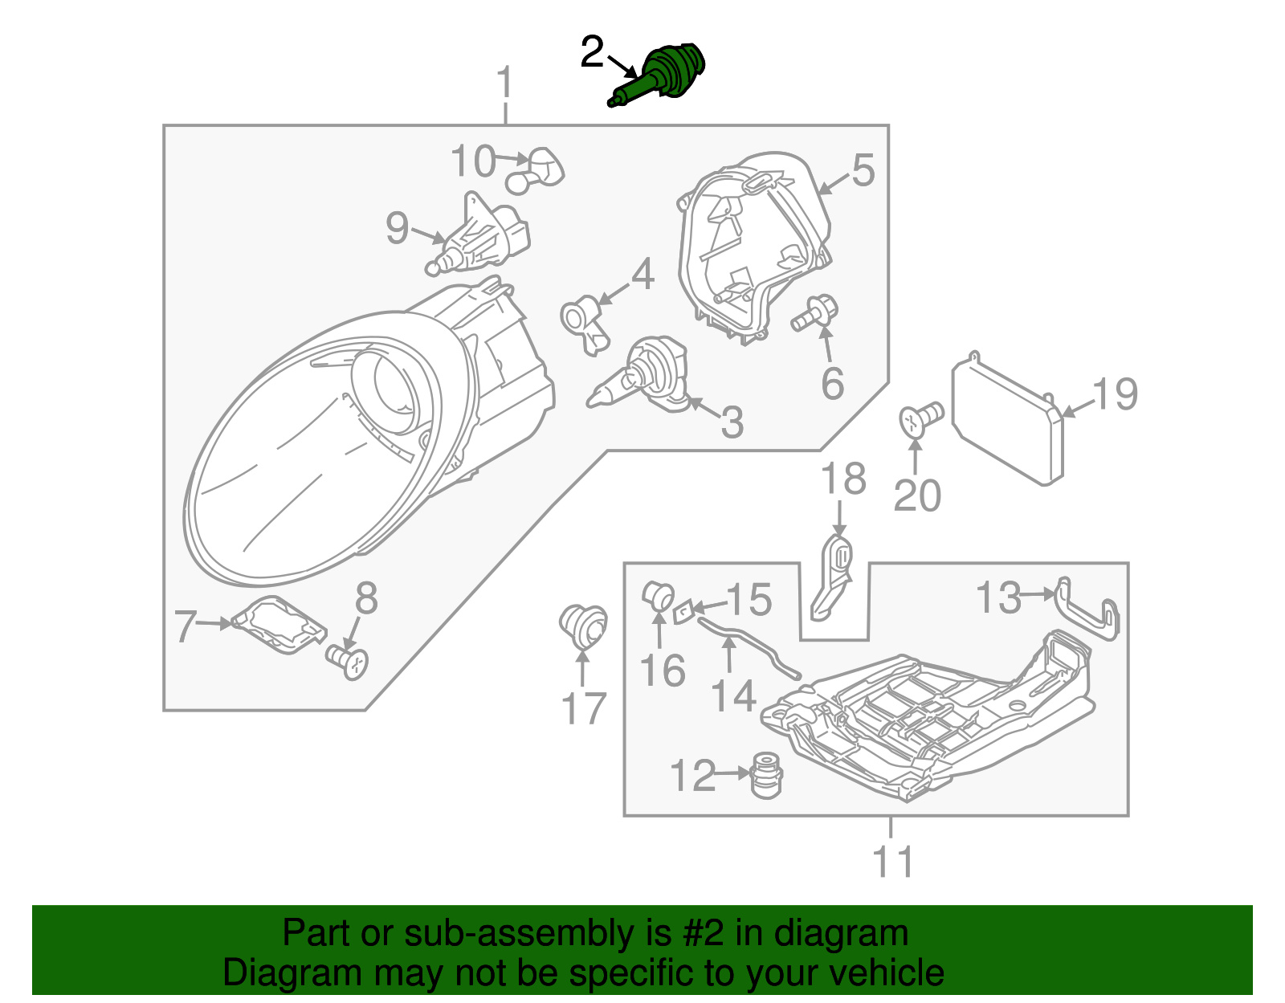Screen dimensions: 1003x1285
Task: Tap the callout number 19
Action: (1115, 394)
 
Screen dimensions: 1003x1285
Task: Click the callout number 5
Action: (863, 170)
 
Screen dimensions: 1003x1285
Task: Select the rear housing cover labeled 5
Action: (751, 245)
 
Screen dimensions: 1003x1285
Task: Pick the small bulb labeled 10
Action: (537, 170)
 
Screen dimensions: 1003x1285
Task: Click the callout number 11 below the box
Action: (892, 862)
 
